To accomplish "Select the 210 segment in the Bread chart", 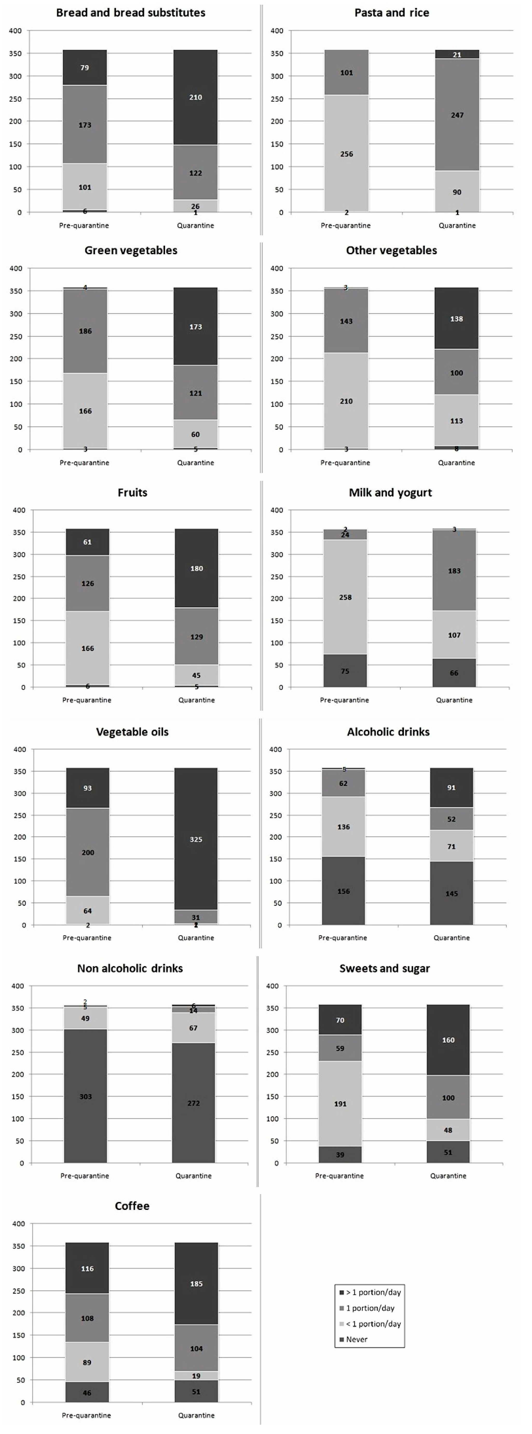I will [x=195, y=97].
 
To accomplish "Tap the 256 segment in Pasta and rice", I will [x=346, y=154].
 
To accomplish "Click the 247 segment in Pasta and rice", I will [x=457, y=115].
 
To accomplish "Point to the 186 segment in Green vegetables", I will [x=85, y=331].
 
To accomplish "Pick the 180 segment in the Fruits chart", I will [x=196, y=568].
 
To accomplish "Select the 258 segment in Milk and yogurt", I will [x=345, y=597].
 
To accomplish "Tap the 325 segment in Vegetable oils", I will [x=196, y=840].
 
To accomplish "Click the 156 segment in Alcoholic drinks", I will [x=343, y=891].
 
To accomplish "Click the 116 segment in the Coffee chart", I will [x=87, y=1269].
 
